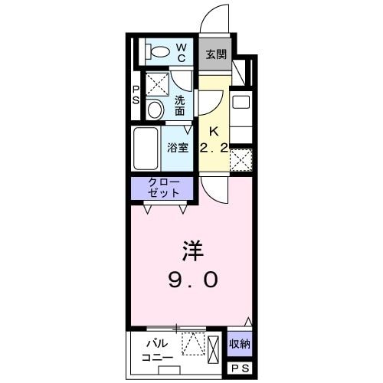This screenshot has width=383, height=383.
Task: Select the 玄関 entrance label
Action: tap(215, 54)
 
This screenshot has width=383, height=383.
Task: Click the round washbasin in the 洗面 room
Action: tap(155, 110)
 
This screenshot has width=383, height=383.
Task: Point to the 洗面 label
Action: tap(180, 105)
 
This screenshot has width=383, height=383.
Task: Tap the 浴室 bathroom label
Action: tap(177, 147)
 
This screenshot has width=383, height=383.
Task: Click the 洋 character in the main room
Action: tap(192, 251)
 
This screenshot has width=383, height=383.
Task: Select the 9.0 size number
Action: tap(192, 280)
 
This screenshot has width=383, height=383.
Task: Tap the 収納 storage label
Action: tap(240, 344)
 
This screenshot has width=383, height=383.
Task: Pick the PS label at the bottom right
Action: tap(240, 369)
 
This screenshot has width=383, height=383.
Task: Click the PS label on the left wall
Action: tap(136, 95)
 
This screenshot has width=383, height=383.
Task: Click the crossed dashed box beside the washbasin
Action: tap(156, 82)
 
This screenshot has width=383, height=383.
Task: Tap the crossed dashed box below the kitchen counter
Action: tap(241, 159)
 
